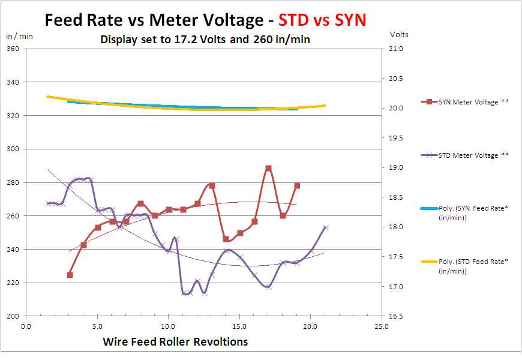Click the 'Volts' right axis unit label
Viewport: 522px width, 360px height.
click(399, 35)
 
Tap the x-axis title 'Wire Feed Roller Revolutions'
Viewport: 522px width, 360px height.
click(175, 342)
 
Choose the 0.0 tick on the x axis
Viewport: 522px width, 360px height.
click(26, 327)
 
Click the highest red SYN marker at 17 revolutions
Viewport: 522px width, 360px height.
click(268, 169)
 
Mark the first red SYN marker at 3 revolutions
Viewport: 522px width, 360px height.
click(70, 275)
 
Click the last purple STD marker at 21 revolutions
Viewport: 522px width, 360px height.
click(325, 227)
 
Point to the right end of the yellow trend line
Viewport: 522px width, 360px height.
click(325, 106)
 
